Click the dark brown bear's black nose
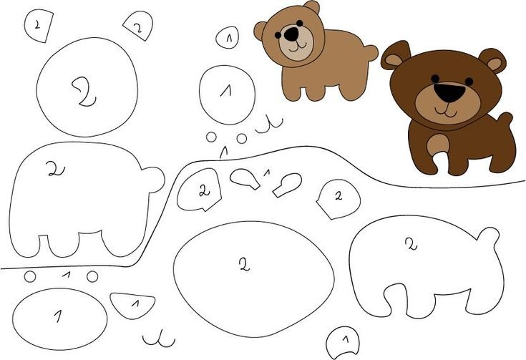tap(449, 92)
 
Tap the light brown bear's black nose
tap(292, 34)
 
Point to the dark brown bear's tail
tap(505, 120)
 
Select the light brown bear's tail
tap(371, 53)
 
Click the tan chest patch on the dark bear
tap(437, 145)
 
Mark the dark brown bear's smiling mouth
tap(446, 111)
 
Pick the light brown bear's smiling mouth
tap(296, 47)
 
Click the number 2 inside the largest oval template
tap(245, 265)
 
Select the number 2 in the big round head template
tap(84, 92)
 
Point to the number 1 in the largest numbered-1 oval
tap(59, 316)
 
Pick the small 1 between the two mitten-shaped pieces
tap(267, 172)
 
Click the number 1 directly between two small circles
tap(67, 275)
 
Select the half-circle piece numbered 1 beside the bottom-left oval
tap(132, 306)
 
